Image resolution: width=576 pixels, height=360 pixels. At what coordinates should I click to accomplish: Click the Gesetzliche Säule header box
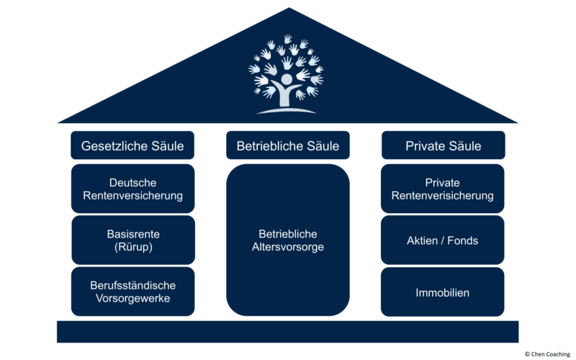tap(132, 145)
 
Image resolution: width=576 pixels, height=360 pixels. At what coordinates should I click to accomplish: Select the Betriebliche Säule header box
tap(287, 145)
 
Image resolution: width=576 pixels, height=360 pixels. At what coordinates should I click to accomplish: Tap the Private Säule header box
tap(443, 145)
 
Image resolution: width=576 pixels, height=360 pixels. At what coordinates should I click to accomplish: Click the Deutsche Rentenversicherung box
tap(132, 189)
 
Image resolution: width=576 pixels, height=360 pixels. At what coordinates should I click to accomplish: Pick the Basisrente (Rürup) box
tap(133, 240)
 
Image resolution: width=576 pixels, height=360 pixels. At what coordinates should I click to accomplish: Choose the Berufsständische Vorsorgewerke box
tap(132, 292)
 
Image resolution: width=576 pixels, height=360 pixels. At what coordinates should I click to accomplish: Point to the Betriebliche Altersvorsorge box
tap(287, 240)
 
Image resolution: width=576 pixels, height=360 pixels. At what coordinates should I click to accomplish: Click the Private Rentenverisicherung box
tap(442, 189)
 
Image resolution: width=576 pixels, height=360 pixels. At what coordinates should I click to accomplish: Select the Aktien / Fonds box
tap(442, 240)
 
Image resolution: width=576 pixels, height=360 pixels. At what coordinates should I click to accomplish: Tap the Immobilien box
tap(442, 292)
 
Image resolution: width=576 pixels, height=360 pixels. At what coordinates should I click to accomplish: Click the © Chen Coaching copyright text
tap(547, 354)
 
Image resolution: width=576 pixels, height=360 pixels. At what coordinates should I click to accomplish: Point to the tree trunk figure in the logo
tap(286, 94)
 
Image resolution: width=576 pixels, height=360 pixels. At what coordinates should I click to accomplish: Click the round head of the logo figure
tap(287, 79)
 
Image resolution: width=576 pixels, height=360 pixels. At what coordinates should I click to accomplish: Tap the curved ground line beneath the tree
tap(287, 111)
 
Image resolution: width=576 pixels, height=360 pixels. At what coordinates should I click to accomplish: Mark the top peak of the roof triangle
tap(289, 8)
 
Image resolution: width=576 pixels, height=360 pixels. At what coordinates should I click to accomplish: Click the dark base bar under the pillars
tap(287, 332)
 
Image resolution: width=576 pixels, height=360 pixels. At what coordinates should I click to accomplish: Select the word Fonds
tap(462, 240)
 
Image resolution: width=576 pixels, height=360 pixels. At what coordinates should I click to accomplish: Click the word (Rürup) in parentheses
tap(133, 247)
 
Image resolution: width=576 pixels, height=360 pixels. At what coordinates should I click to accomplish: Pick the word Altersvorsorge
tap(287, 247)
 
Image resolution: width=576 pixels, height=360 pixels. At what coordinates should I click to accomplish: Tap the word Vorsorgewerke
tap(133, 298)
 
